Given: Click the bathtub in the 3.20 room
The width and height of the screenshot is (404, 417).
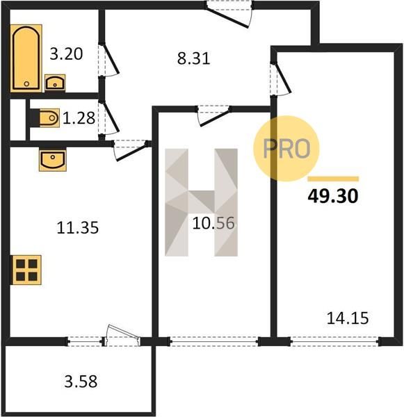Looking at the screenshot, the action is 26,58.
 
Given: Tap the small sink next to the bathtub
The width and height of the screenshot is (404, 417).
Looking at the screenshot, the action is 55,82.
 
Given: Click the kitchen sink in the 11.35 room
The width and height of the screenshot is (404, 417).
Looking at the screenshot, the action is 53,159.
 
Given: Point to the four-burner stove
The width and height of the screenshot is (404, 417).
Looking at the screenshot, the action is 26,270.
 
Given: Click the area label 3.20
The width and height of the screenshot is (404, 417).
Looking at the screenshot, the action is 66,54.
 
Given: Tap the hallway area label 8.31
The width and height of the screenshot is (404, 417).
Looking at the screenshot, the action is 194,58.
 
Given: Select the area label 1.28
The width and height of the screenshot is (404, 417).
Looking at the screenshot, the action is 79,118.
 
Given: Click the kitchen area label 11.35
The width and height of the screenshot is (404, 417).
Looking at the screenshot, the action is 77,228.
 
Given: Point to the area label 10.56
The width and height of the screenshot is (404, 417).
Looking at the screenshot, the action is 213,223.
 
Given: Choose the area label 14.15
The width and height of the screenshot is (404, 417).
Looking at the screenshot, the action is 348,318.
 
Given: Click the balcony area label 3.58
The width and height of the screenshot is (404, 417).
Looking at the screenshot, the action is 81,382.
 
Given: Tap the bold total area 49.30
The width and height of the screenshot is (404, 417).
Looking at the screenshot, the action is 333,196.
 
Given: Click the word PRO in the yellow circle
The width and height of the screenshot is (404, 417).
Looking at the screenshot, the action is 286,149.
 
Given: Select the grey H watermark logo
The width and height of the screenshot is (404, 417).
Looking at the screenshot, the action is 201,202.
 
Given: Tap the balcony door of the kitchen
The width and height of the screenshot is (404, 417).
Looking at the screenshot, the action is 122,336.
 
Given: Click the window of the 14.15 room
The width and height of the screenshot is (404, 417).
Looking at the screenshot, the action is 334,341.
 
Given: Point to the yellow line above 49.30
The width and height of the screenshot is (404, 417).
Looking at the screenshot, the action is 333,179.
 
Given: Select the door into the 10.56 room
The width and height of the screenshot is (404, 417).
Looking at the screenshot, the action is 213,115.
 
